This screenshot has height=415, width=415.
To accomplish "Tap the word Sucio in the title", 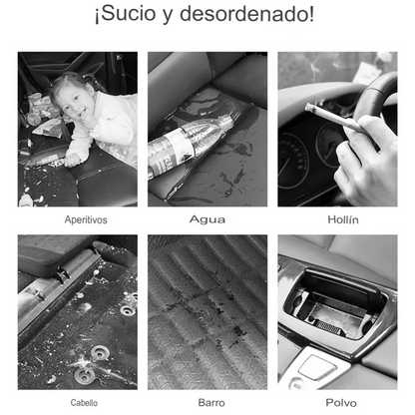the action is point(128,14).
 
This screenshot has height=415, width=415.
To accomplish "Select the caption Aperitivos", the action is point(86,219).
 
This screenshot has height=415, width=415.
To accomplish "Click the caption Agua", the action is point(207,219).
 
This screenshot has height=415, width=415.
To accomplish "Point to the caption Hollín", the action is point(343,219).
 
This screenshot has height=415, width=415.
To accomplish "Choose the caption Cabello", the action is point(84,403).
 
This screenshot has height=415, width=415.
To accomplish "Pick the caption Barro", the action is point(211,403).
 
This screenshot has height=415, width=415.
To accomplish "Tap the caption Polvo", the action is point(341,403).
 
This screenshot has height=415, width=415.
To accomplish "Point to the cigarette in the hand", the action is point(336,119).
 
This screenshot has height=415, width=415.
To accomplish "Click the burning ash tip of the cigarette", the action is point(309,107).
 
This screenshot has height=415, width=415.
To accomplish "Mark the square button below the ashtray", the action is point(316,367).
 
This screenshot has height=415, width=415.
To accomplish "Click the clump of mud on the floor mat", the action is point(240,331).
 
